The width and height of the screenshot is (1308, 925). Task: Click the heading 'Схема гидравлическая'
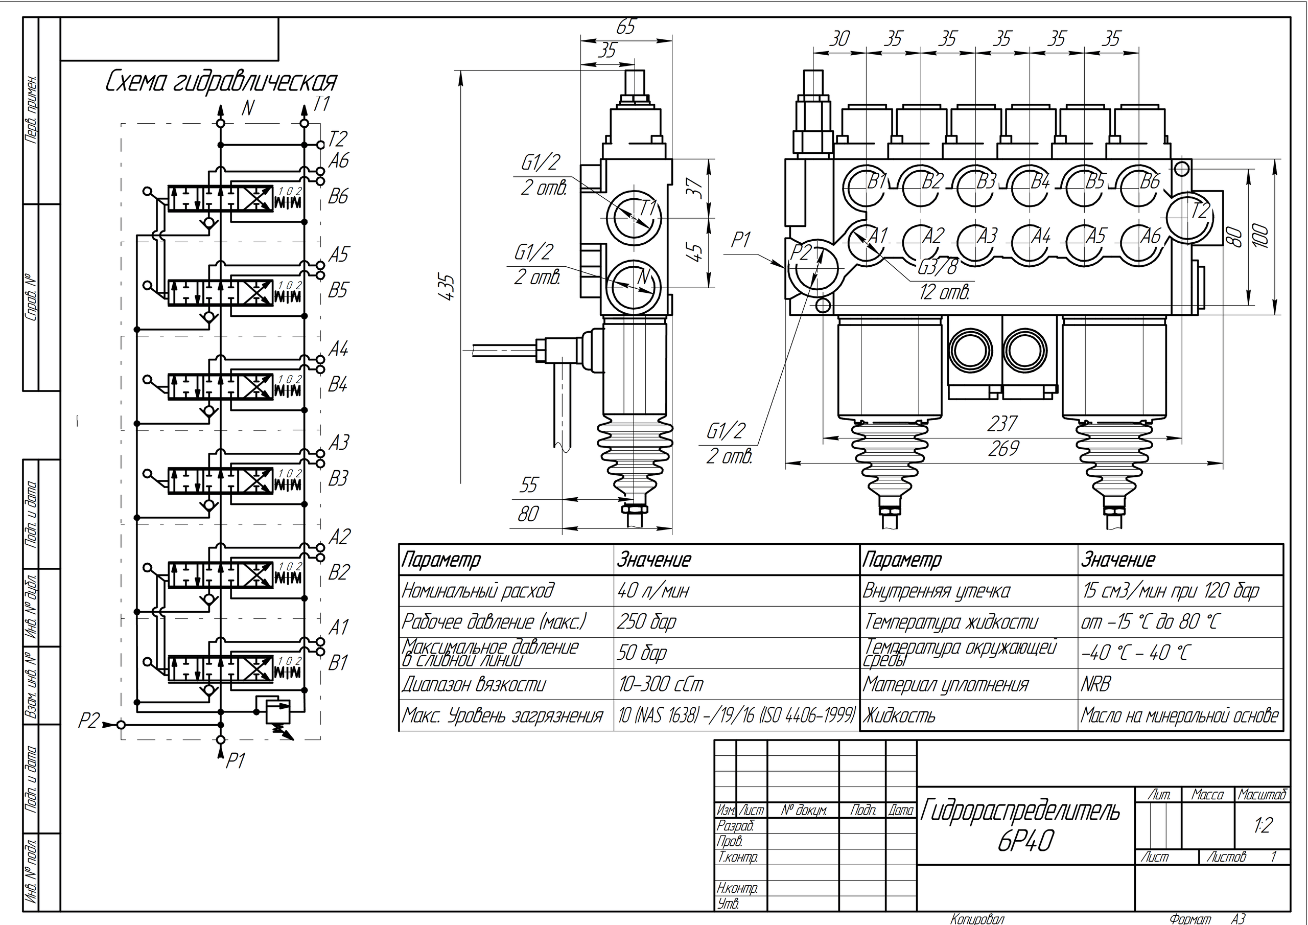pos(221,83)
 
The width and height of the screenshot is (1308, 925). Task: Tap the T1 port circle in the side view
pos(633,217)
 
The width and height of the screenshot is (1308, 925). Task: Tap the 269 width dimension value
pos(1002,449)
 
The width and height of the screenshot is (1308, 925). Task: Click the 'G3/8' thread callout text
pos(938,266)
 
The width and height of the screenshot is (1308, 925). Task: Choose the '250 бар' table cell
pos(647,622)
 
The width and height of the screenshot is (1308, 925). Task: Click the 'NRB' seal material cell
pos(1095,684)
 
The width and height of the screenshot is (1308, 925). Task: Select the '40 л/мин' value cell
pos(653,590)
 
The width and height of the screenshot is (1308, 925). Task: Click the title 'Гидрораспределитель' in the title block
pos(1020,810)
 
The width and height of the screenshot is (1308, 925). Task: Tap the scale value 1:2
pos(1263,825)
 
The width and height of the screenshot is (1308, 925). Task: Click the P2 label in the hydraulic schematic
pos(88,722)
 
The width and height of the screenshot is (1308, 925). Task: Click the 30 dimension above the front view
pos(839,39)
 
